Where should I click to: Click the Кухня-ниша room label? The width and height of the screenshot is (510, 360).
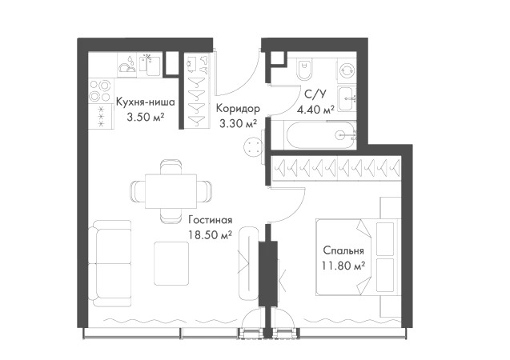(146, 102)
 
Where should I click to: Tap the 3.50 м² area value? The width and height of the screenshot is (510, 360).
(145, 117)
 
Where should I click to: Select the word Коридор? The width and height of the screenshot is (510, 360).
(239, 109)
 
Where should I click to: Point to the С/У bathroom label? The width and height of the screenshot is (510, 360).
(315, 94)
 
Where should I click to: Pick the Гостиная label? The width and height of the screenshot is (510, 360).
(211, 220)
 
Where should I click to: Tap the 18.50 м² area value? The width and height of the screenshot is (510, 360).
(210, 234)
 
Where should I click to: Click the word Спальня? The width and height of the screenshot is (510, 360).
(343, 251)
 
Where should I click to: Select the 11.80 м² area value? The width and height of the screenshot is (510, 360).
(343, 266)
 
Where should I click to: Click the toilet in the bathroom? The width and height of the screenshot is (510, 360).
(304, 70)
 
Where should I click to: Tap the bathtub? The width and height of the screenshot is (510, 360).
(321, 135)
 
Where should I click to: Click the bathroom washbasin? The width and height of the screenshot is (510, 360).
(347, 99)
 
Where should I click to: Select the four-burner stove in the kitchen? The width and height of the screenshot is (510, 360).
(100, 91)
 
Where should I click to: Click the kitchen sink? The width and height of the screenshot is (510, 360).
(150, 66)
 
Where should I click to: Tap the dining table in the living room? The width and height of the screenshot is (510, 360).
(171, 191)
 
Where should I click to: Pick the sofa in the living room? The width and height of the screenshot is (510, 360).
(110, 263)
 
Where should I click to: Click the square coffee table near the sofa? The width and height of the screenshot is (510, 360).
(171, 263)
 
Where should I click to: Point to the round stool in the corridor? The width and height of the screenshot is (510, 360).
(253, 147)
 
